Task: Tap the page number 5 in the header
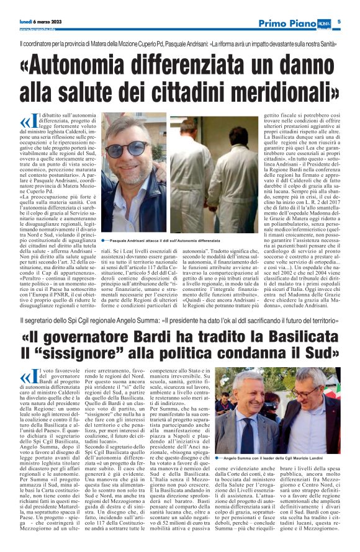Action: [340, 22]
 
